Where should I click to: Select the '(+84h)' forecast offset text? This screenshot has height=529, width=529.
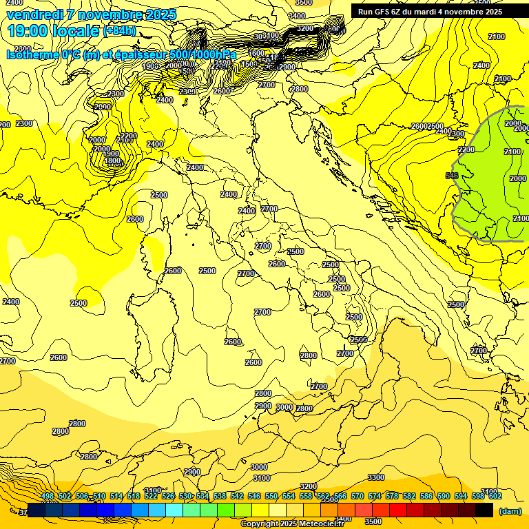pyautogui.click(x=118, y=31)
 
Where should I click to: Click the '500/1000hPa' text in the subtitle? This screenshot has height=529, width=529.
pyautogui.click(x=203, y=55)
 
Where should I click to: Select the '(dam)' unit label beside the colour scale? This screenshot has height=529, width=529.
pyautogui.click(x=510, y=511)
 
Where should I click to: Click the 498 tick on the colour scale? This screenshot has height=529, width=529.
pyautogui.click(x=48, y=496)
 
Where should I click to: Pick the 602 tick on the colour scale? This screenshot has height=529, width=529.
pyautogui.click(x=495, y=496)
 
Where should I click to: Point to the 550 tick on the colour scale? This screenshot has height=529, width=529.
pyautogui.click(x=271, y=496)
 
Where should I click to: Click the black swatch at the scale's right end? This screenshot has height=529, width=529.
pyautogui.click(x=484, y=510)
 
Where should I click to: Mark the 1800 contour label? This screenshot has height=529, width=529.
pyautogui.click(x=112, y=161)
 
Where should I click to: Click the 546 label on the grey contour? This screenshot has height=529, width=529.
pyautogui.click(x=452, y=176)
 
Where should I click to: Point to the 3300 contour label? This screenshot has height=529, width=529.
pyautogui.click(x=376, y=477)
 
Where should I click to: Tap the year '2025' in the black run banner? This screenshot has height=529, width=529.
pyautogui.click(x=492, y=12)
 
